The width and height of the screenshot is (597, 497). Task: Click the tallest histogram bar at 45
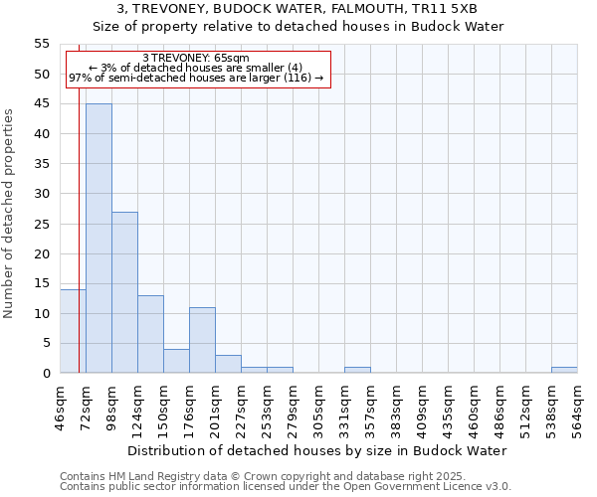pos(99,239)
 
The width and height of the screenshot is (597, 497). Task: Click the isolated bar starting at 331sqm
pos(357,370)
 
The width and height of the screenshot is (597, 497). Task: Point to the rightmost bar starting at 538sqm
pos(564,370)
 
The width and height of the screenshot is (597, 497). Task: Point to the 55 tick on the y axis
pos(42,44)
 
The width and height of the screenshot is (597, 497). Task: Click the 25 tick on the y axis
pos(42,224)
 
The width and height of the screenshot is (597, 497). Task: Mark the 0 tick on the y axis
pos(46,374)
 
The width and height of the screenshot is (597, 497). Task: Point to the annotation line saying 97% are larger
pos(196,78)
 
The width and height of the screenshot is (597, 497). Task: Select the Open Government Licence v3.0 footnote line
pos(286,487)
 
